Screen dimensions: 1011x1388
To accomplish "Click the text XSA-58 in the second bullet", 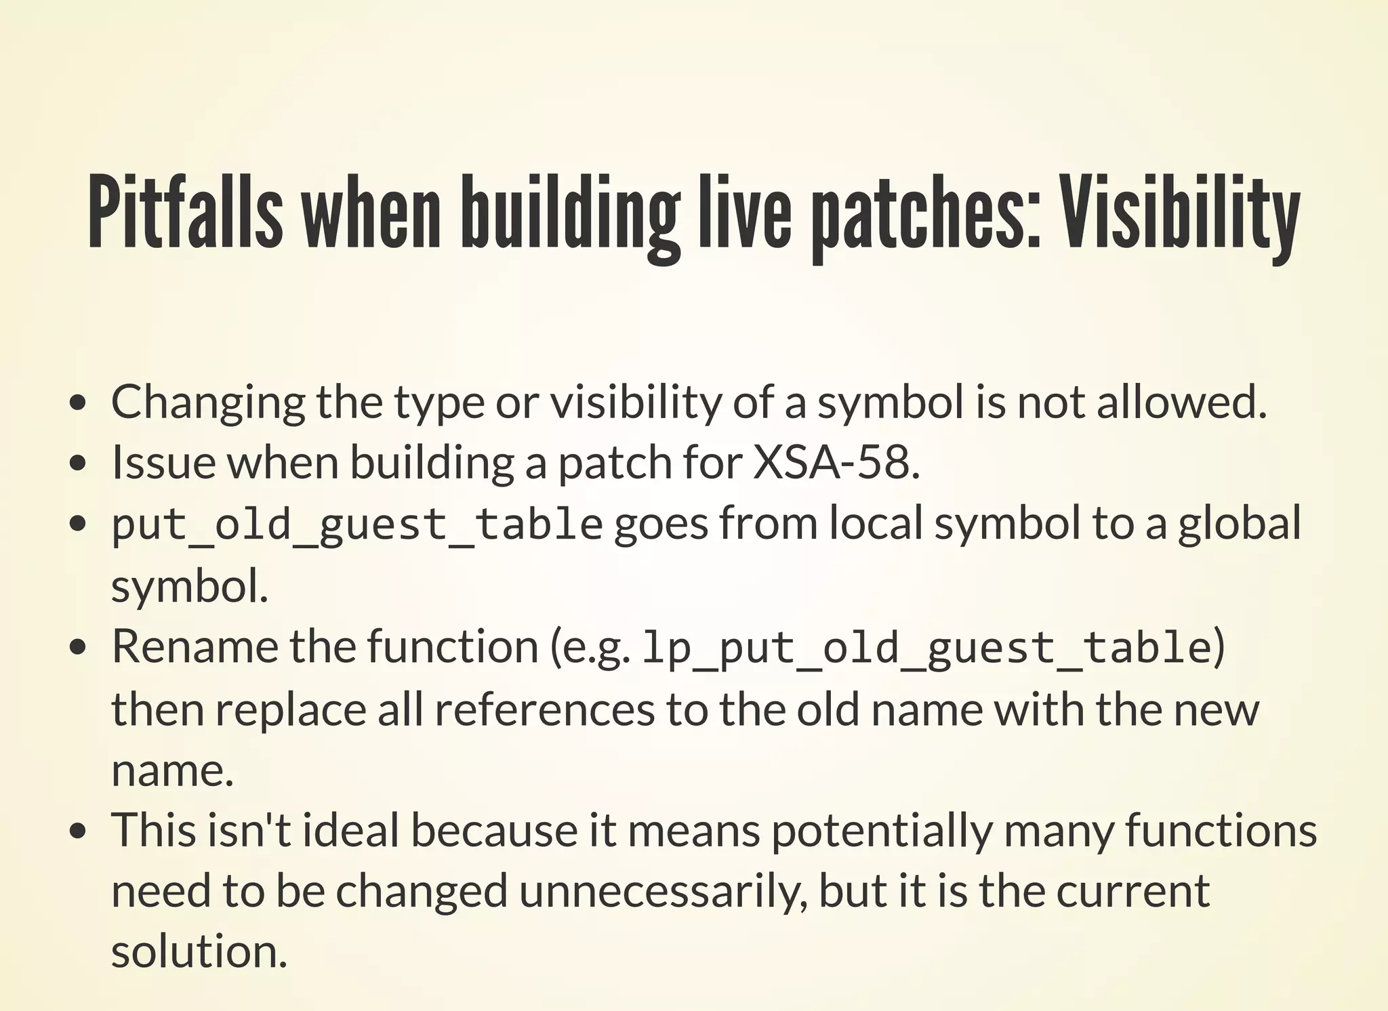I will [834, 463].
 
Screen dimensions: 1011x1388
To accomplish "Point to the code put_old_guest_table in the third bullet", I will [356, 525].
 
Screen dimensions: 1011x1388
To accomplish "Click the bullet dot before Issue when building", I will [79, 464].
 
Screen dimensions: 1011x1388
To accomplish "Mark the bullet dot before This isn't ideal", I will [79, 831].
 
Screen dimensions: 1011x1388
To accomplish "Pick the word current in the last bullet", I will [1132, 891].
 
